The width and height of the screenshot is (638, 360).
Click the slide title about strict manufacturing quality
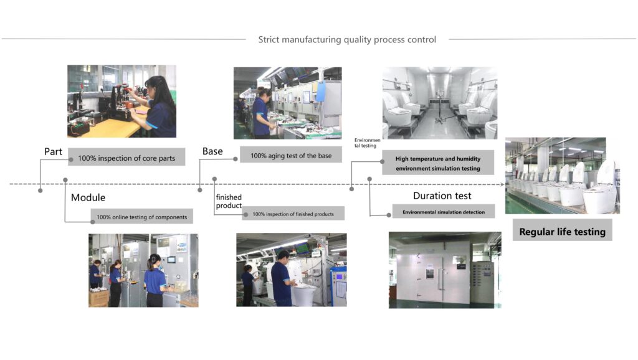tap(347, 40)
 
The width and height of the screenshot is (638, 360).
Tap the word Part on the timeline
tap(53, 151)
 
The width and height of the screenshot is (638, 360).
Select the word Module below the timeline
tap(88, 197)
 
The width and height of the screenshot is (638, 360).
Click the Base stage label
tap(213, 151)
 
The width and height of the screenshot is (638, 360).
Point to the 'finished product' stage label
tap(229, 201)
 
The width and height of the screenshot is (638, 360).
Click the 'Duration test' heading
tap(442, 196)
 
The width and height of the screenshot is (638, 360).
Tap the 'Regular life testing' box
tap(562, 232)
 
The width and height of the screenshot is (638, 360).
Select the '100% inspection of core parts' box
tap(126, 158)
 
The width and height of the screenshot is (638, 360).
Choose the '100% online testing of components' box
tap(141, 216)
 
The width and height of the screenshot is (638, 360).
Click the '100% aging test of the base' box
tap(291, 155)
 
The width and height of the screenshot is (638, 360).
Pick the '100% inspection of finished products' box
tap(293, 214)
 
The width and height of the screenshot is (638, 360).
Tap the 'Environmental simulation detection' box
tap(443, 212)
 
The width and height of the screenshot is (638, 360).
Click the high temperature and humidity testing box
tap(438, 163)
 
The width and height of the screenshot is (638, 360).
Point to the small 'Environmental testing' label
tap(366, 144)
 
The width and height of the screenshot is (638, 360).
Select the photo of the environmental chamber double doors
tap(445, 270)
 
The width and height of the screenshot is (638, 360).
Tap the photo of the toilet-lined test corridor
tap(439, 103)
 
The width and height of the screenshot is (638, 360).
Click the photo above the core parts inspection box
tap(121, 101)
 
